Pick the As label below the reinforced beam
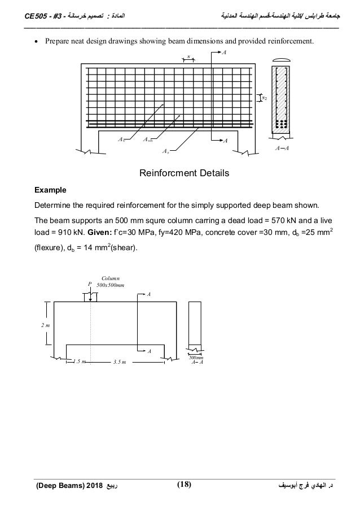click(166, 151)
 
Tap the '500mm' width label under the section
click(196, 357)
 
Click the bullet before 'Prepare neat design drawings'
click(36, 41)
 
